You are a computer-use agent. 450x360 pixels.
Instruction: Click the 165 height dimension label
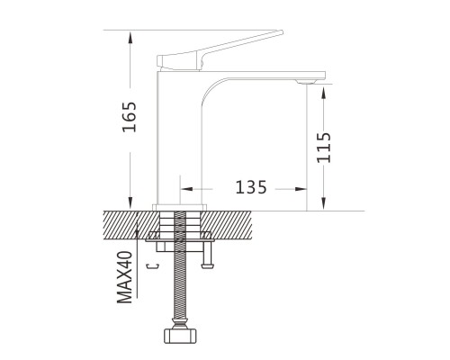(130, 117)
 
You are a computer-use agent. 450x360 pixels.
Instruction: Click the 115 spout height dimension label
(324, 148)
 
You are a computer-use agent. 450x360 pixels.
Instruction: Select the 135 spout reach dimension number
(251, 187)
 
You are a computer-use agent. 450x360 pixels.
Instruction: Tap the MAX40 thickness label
(124, 277)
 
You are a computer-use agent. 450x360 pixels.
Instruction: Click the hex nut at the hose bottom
(180, 336)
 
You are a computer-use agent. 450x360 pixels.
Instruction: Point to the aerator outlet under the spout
(306, 82)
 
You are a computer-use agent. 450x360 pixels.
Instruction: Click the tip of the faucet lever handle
(282, 31)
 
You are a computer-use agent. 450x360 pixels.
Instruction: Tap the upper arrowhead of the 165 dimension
(130, 38)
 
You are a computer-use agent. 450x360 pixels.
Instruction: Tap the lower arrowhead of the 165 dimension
(130, 203)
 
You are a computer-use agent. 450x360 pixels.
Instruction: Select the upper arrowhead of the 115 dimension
(324, 93)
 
